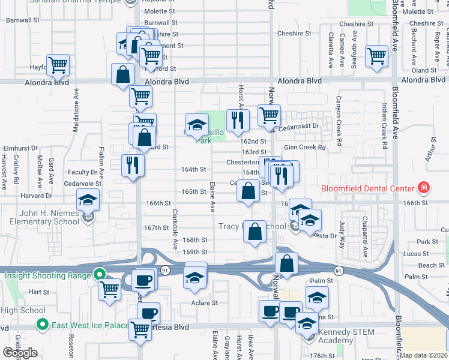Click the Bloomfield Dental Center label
[368, 188]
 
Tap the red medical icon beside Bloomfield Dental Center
[424, 187]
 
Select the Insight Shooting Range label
[48, 275]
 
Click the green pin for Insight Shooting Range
[100, 275]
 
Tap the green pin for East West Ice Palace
[42, 326]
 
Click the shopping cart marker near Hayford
[58, 65]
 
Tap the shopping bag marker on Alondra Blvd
[122, 76]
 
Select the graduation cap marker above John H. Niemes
[88, 200]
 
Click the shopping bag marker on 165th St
[248, 192]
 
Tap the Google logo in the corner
[20, 352]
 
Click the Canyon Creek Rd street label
[339, 122]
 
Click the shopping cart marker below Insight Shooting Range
[110, 289]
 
